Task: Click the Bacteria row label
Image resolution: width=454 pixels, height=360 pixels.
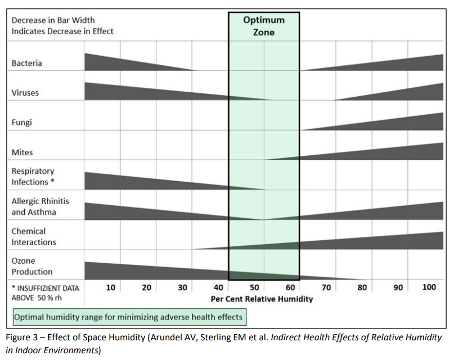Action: point(26,63)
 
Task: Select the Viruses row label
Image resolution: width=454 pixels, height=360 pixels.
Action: point(25,93)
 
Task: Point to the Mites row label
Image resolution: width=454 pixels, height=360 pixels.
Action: point(22,152)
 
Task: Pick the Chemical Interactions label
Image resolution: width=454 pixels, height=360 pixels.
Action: point(34,236)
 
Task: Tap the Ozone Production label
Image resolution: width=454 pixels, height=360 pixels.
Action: point(32,266)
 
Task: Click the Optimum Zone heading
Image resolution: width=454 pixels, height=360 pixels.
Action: point(263,26)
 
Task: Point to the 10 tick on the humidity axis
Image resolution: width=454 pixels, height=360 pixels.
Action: point(111,288)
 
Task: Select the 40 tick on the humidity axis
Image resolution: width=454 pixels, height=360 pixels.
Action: point(218,288)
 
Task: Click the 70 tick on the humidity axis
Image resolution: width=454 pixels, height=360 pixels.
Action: point(326,288)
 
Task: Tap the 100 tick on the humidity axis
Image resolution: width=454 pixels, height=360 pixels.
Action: point(429,288)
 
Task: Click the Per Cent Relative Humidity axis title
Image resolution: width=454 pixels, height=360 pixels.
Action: point(262,299)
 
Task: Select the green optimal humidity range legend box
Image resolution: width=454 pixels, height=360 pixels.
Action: point(129,317)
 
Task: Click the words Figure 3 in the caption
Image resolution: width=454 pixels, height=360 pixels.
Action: point(29,337)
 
